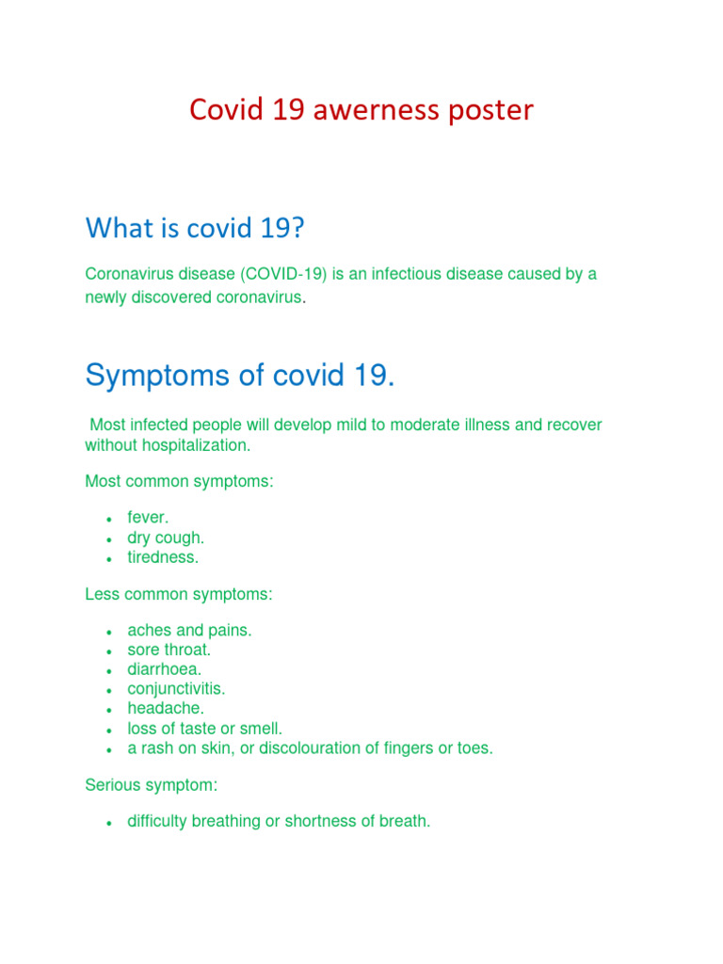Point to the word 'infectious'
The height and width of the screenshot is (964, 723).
coord(409,274)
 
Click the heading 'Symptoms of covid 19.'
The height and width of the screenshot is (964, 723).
coord(240,376)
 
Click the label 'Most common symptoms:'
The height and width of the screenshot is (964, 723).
coord(179,481)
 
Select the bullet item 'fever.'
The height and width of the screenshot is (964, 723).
coord(149,518)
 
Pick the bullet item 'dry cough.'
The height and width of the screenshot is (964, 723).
coord(166,538)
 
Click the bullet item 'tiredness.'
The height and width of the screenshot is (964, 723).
coord(164,557)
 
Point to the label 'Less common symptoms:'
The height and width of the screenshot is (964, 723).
coord(179,594)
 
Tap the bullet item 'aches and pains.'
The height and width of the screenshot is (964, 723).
coord(190,631)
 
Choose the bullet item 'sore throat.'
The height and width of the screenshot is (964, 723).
coord(169,650)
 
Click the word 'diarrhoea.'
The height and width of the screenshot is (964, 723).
coord(165,669)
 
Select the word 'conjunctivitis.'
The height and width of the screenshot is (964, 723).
coord(177,689)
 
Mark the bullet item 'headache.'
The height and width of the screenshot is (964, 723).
coord(166,708)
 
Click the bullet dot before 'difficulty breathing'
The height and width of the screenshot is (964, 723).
coord(110,823)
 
